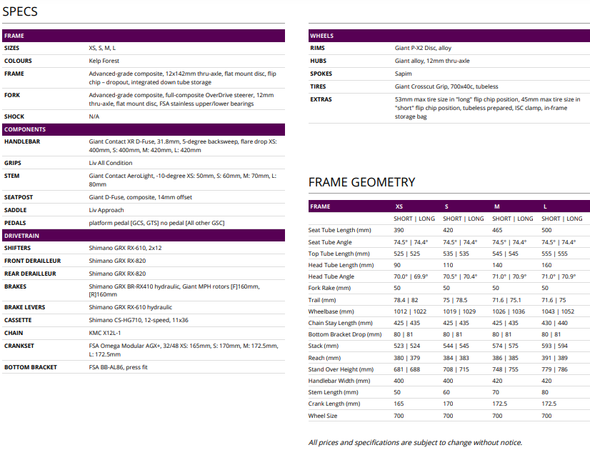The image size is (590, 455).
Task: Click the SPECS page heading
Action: [x=20, y=11]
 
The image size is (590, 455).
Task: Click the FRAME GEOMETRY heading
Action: [x=361, y=182]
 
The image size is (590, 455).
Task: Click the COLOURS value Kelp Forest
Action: [x=104, y=61]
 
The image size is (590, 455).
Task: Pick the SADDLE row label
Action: [x=16, y=210]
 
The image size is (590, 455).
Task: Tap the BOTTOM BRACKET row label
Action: [x=31, y=367]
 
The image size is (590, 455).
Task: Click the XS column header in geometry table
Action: [x=399, y=206]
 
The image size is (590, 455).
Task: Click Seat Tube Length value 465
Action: [x=498, y=231]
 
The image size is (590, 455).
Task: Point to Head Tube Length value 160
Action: [x=546, y=265]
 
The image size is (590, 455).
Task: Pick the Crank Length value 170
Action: [x=449, y=404]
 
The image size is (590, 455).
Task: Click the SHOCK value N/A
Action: [x=94, y=116]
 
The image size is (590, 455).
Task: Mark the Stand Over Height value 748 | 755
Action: [x=506, y=369]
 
